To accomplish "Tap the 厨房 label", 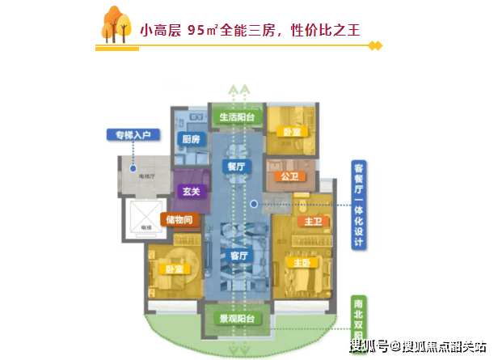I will pos(191,139).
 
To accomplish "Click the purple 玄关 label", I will pos(192,192).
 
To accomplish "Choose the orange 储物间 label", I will pos(180,218).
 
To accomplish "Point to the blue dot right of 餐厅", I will pos(253,204).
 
